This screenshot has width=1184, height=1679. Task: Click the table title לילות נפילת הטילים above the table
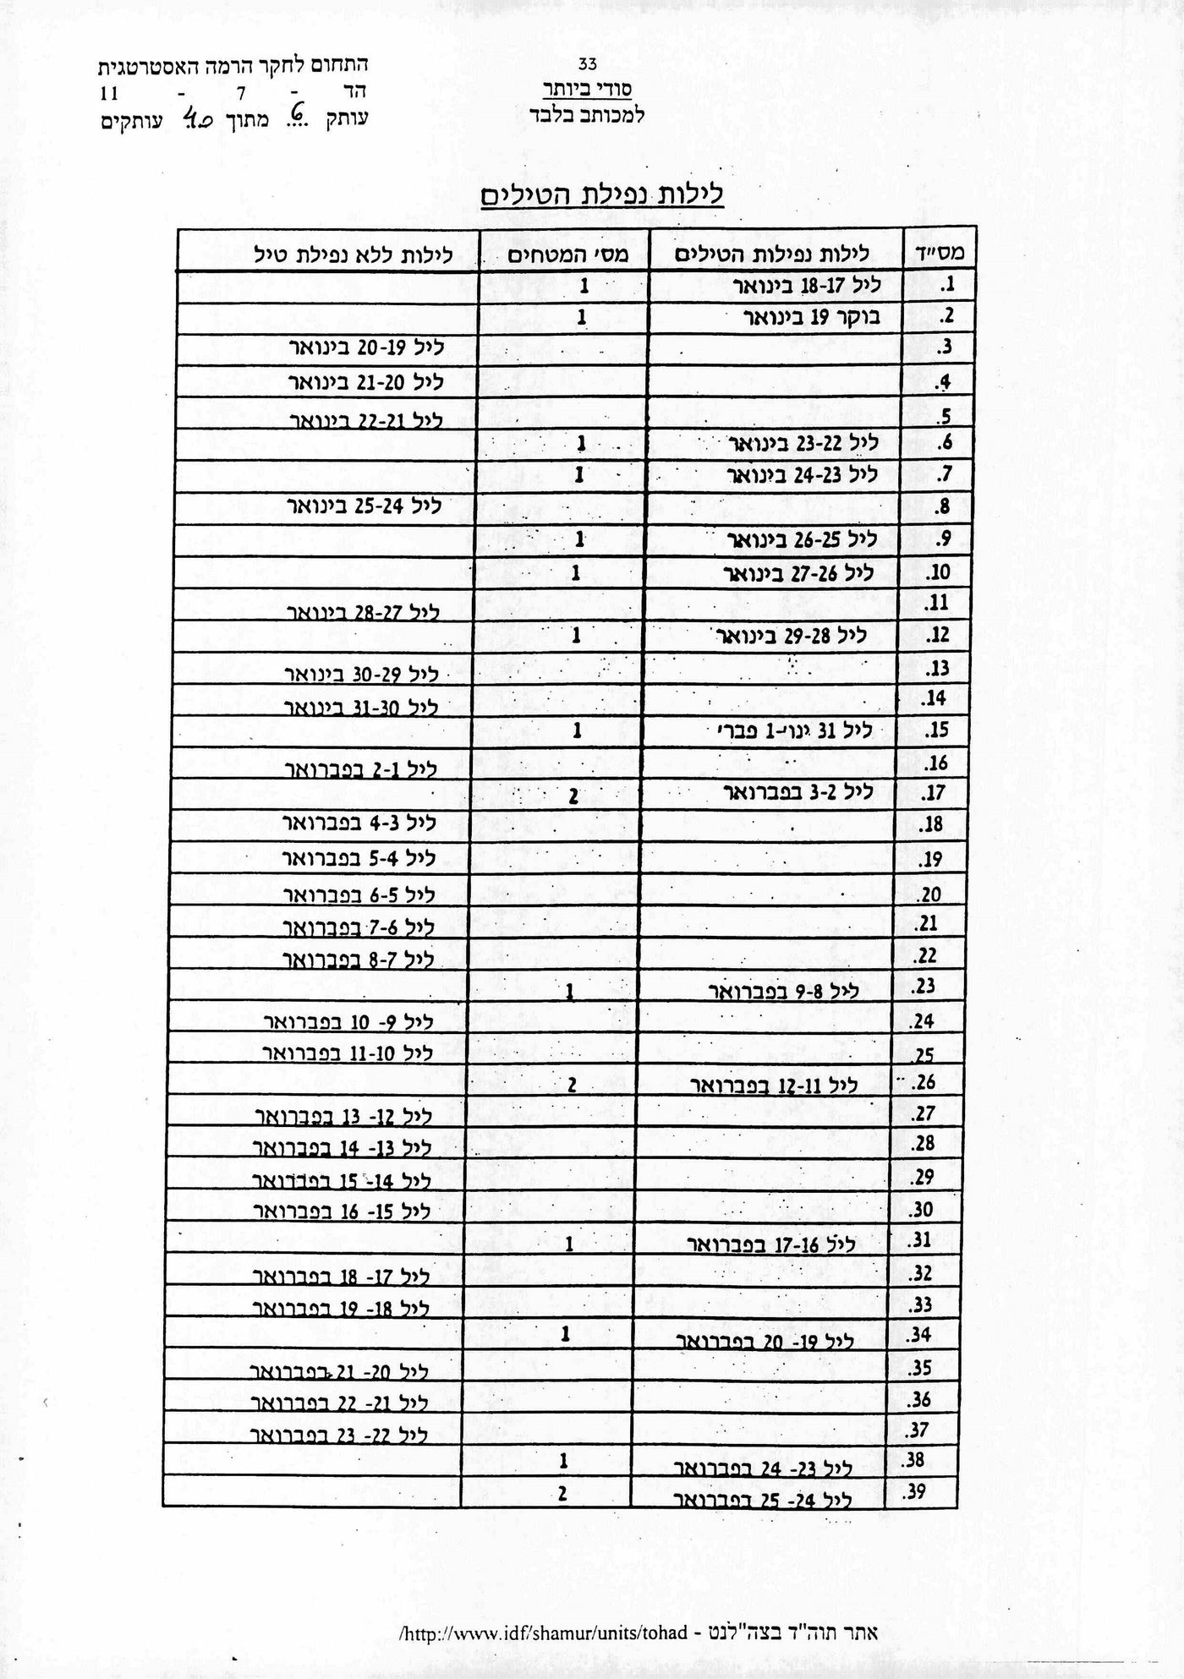601,196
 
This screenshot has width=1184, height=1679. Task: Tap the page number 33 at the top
588,63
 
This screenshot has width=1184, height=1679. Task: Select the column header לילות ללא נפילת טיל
354,254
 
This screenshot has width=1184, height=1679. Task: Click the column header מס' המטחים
567,254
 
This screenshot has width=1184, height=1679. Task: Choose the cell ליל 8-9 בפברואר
783,991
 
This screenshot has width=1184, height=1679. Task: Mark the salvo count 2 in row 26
573,1086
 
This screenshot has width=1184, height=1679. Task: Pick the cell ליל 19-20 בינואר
366,347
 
